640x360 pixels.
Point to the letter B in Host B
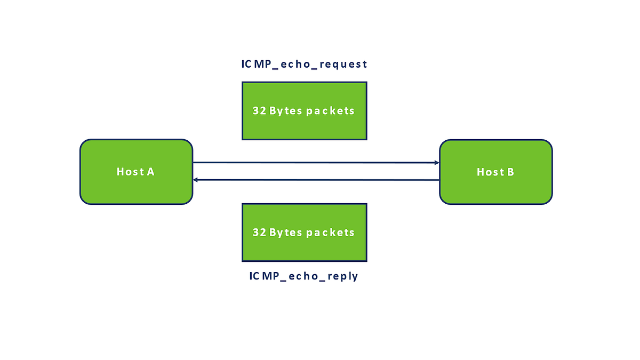tap(510, 172)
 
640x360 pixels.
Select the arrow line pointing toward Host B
tap(315, 162)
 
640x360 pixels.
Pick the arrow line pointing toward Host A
tap(315, 180)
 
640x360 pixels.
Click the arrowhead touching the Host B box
tap(437, 162)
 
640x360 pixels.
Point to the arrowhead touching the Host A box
tap(196, 180)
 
